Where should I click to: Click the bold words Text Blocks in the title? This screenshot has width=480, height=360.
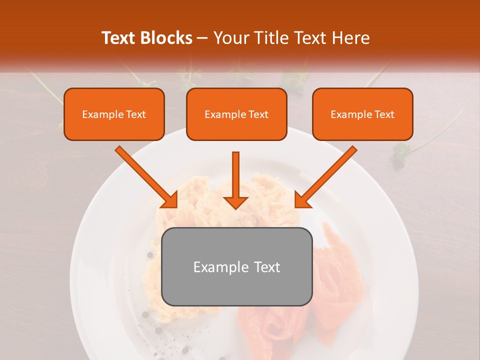[146, 38]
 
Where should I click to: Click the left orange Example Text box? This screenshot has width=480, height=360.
[114, 114]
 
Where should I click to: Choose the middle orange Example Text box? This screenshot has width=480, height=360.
[236, 114]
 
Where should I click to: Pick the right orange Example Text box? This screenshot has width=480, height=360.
[362, 114]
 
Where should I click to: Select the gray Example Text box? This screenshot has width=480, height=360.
[237, 267]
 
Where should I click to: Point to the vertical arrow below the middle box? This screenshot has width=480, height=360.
[235, 175]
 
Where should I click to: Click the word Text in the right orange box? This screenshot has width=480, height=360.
[384, 114]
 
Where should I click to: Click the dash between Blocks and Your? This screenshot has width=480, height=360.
[202, 38]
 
